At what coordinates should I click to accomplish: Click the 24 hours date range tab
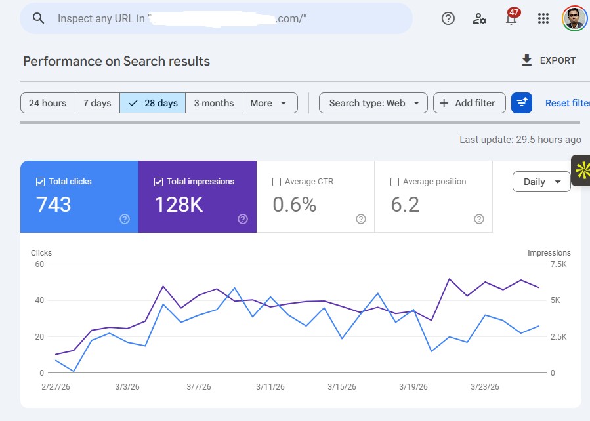click(47, 103)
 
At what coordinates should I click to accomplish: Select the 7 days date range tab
click(97, 103)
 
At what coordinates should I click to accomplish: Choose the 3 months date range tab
click(213, 103)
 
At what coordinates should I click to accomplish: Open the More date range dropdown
click(269, 103)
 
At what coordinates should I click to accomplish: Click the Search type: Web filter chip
click(373, 103)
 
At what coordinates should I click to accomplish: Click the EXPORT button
click(548, 60)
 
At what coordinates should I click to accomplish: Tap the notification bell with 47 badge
click(511, 18)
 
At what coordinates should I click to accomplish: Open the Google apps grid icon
click(543, 18)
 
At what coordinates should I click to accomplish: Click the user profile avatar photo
click(574, 18)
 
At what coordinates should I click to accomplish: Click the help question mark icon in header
click(448, 18)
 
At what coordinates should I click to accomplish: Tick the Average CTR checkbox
click(276, 182)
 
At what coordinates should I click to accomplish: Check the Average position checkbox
click(394, 182)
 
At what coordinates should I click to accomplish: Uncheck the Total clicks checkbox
click(40, 182)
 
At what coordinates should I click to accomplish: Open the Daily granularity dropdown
click(541, 182)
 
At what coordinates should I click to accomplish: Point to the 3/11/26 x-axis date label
click(270, 387)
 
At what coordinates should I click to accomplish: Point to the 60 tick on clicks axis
click(39, 264)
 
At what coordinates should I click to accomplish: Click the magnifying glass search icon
click(38, 18)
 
